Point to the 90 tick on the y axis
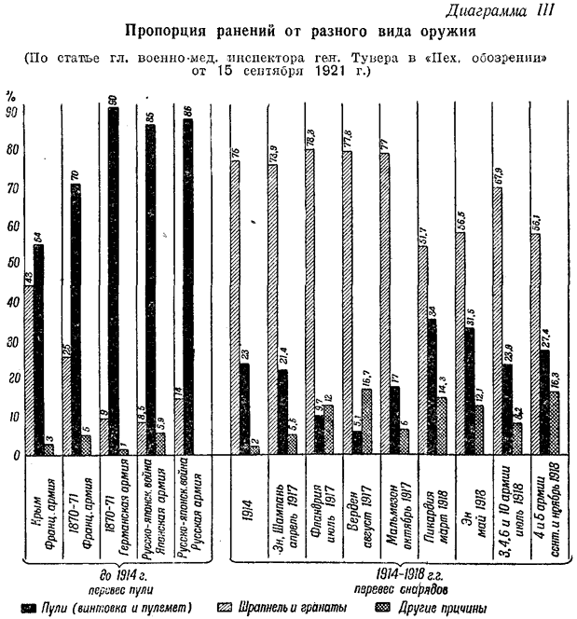click(x=12, y=113)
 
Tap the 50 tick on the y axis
click(x=12, y=265)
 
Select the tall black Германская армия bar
click(x=113, y=280)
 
